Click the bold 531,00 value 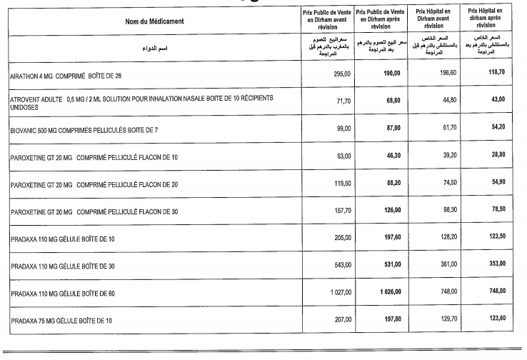[x=391, y=264]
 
